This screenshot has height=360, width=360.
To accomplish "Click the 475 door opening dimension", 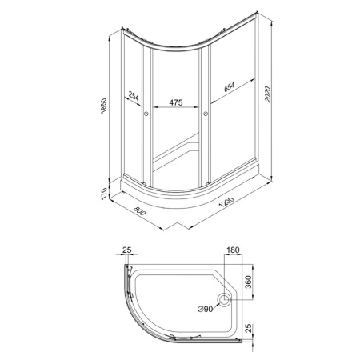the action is pos(176,102).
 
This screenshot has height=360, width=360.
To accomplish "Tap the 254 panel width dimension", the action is pos(134,96).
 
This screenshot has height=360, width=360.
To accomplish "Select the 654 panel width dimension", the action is pos(229,87).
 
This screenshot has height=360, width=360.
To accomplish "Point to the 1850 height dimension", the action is pos(104,106).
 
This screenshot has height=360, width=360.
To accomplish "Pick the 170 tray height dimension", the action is pos(104,193).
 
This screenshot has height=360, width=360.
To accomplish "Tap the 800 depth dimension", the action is pos(139,211).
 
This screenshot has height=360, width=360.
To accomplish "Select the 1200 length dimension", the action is pos(226,202).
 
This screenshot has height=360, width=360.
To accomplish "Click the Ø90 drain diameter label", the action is pos(205,309).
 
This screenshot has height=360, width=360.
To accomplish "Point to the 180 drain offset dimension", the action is pos(233,250).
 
